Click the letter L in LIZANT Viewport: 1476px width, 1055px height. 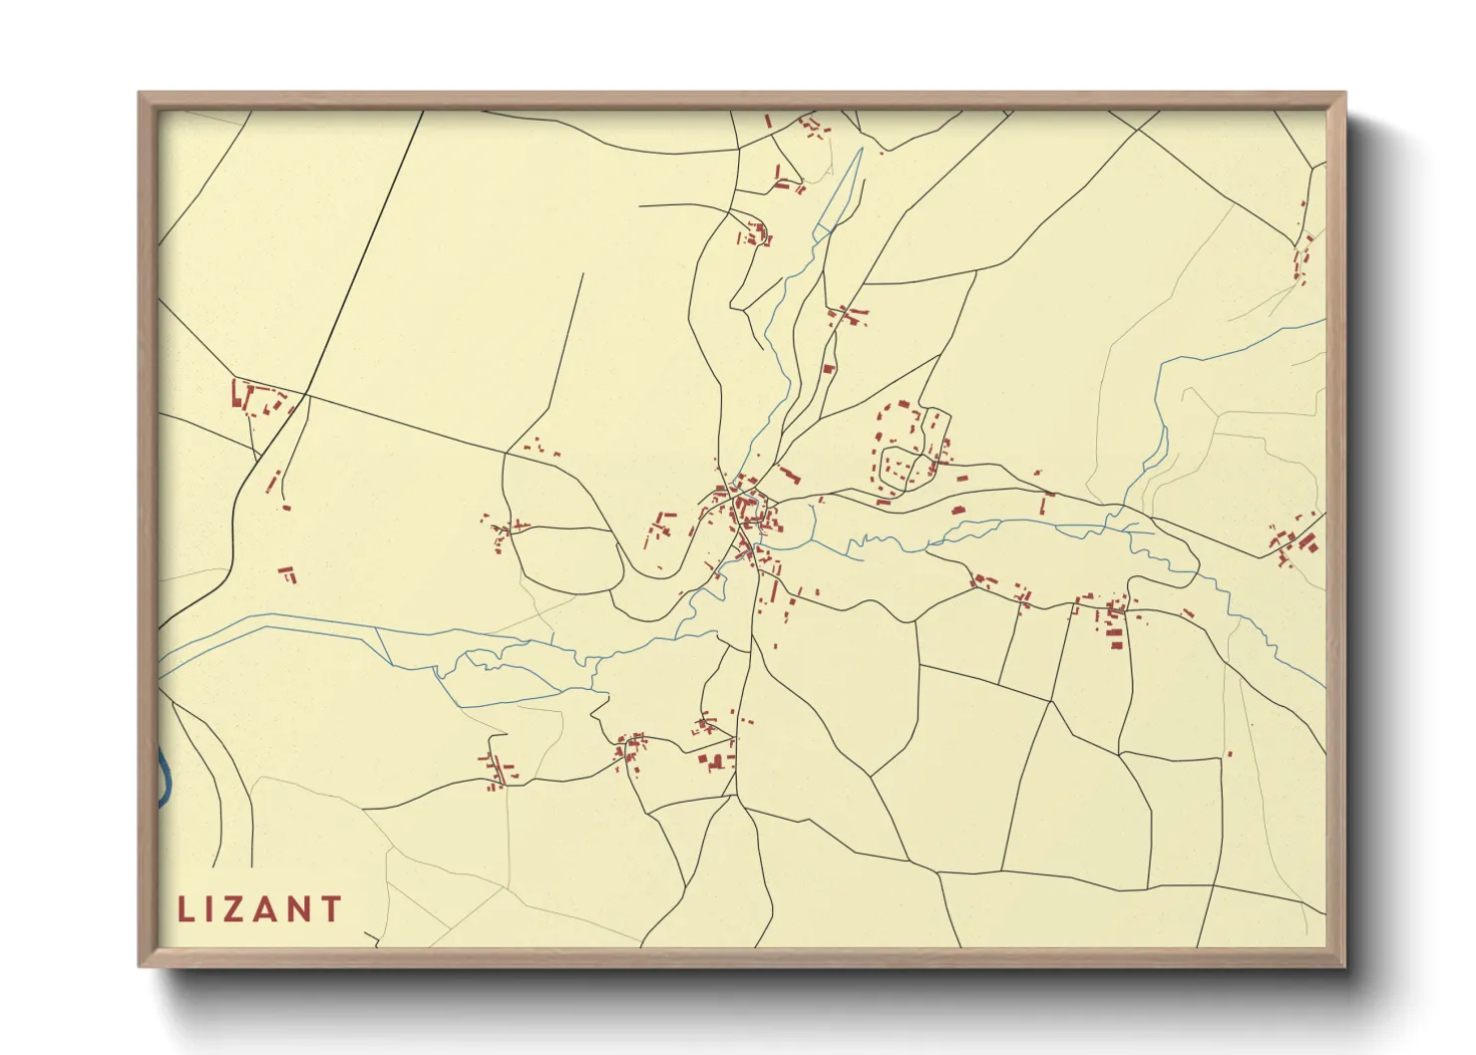pyautogui.click(x=186, y=909)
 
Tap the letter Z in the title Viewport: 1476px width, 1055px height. pyautogui.click(x=237, y=909)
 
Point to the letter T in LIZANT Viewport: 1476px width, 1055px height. pyautogui.click(x=330, y=909)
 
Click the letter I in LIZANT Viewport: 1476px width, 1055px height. pyautogui.click(x=212, y=909)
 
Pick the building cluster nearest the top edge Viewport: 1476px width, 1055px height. pyautogui.click(x=813, y=126)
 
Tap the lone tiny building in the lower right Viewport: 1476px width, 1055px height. pyautogui.click(x=1230, y=754)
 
